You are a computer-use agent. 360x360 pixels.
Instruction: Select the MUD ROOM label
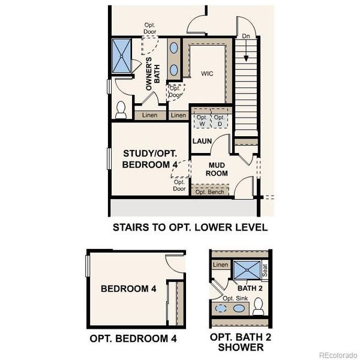pos(218,168)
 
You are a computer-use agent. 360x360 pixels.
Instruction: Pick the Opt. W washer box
pos(202,119)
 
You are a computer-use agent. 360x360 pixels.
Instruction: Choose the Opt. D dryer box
pos(220,119)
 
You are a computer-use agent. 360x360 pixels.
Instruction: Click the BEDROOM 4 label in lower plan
pos(128,289)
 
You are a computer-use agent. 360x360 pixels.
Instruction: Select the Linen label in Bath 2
pos(221,265)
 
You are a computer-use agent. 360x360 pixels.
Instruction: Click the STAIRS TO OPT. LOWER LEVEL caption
pos(190,227)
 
